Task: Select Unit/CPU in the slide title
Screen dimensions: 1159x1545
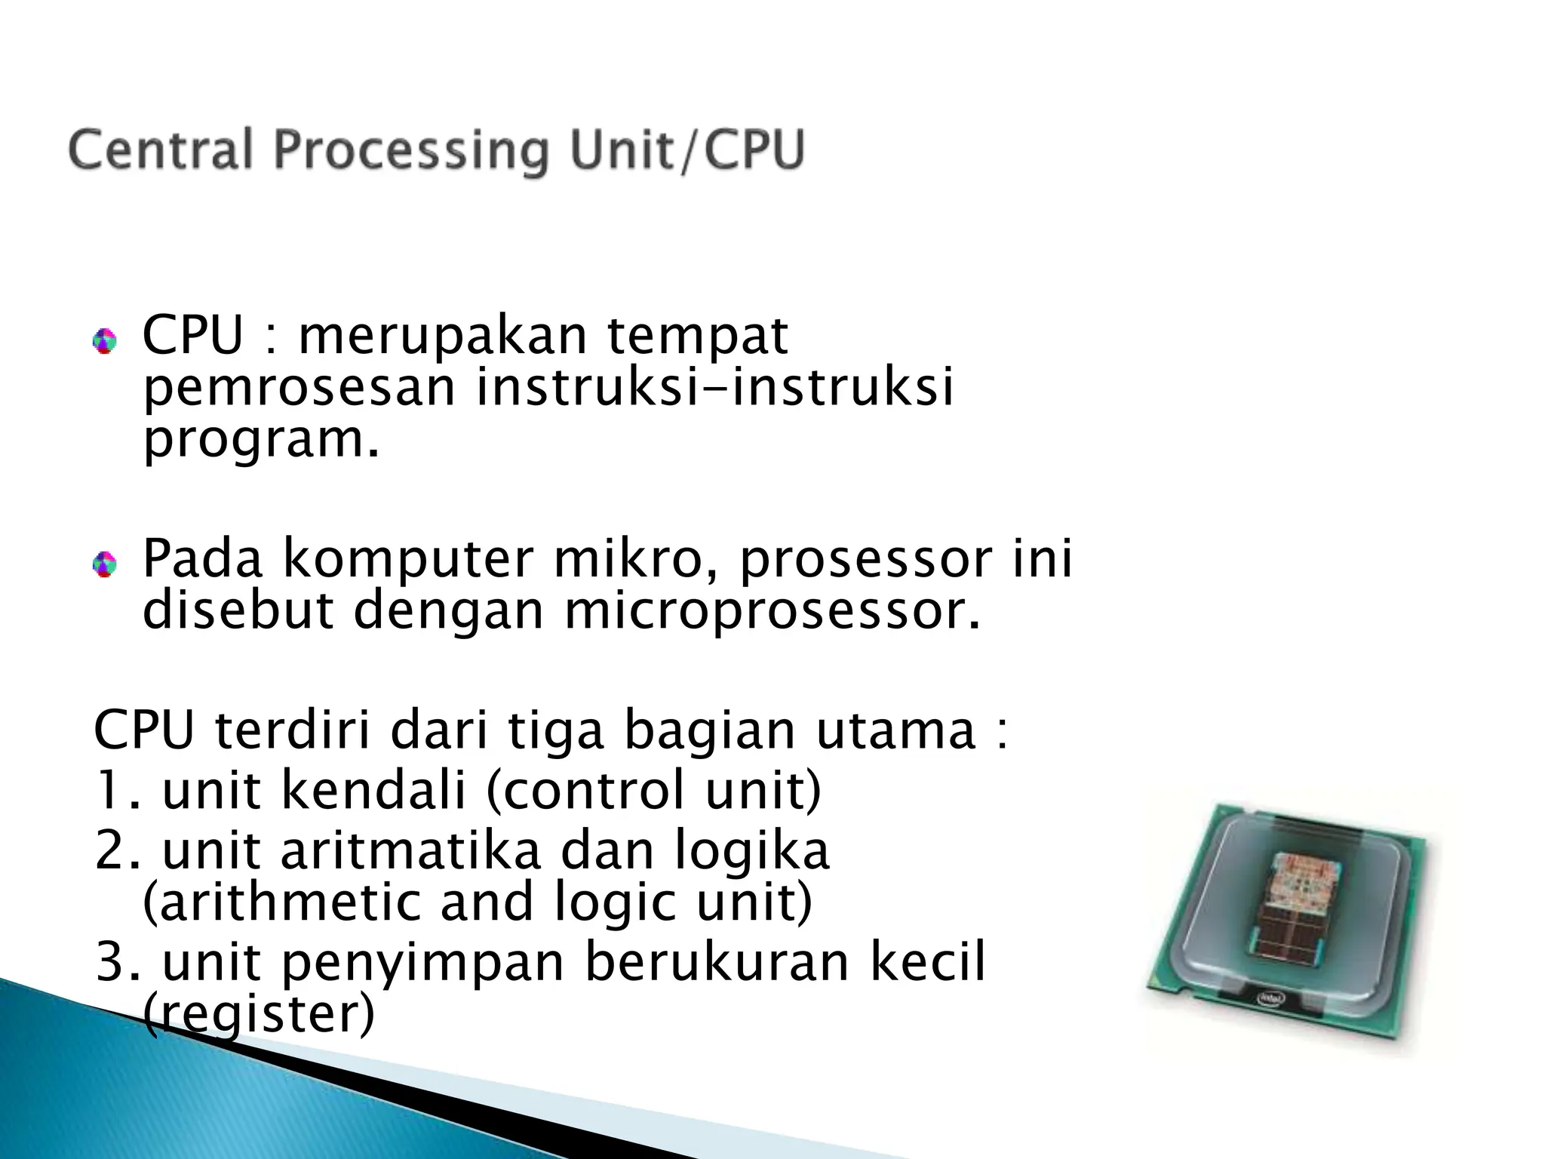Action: coord(686,151)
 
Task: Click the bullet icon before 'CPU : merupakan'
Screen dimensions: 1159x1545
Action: coord(104,342)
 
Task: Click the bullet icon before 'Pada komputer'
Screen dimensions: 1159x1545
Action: coord(104,564)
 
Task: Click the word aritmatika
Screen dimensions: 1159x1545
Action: coord(412,850)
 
